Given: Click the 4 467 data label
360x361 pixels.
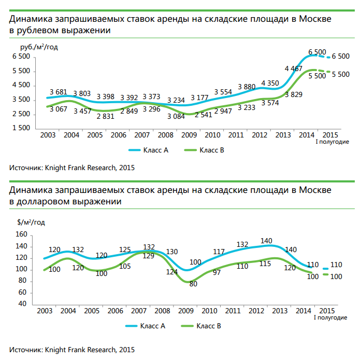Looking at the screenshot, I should (294, 68).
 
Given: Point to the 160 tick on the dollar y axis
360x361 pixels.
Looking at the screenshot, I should (21, 234).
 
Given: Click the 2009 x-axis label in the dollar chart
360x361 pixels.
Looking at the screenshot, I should (186, 311).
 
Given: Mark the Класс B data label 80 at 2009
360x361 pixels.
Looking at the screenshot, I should (193, 284).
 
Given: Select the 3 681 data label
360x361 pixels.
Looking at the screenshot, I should (59, 92).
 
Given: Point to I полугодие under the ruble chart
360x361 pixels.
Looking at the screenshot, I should (332, 141).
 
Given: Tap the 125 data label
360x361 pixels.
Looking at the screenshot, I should (125, 249).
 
